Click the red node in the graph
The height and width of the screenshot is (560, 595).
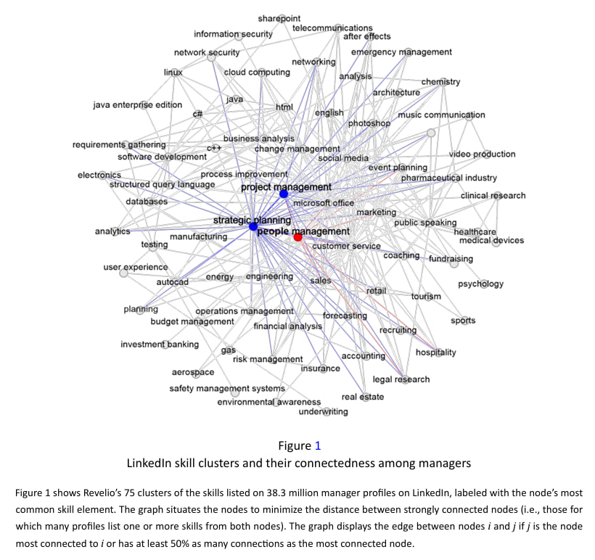click(297, 237)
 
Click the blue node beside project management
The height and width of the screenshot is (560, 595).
click(284, 194)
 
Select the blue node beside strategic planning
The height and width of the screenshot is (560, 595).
click(253, 226)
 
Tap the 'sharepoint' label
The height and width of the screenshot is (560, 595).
click(279, 17)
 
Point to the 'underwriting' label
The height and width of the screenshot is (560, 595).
click(323, 412)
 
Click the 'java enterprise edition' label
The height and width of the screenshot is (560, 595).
click(138, 104)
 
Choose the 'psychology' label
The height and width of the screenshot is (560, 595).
click(480, 284)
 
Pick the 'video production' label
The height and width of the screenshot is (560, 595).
click(482, 154)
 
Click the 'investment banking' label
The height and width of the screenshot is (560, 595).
click(160, 344)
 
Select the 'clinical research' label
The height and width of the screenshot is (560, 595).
click(493, 195)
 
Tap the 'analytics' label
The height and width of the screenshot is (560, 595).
click(112, 231)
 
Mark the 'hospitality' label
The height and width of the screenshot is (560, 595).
click(435, 353)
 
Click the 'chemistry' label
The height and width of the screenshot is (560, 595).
click(440, 81)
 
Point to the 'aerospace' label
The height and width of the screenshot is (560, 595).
click(193, 372)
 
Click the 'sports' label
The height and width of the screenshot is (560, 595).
click(463, 321)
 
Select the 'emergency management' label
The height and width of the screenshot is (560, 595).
click(401, 52)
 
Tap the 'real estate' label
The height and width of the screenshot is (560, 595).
click(363, 397)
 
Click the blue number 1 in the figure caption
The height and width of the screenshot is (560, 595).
click(317, 445)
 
